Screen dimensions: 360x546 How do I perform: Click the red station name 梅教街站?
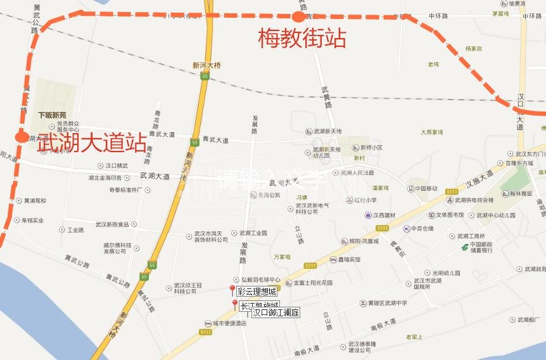click(302, 39)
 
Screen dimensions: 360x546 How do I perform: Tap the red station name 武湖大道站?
click(92, 143)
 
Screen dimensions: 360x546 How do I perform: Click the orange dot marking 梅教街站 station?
click(298, 17)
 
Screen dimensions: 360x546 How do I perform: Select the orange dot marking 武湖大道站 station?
click(22, 137)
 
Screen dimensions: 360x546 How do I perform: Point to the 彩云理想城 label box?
click(257, 292)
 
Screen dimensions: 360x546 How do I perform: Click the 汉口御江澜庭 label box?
click(276, 312)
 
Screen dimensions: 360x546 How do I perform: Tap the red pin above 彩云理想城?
click(232, 290)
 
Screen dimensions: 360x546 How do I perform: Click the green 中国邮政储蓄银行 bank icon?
click(465, 247)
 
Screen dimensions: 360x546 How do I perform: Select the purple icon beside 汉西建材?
click(367, 215)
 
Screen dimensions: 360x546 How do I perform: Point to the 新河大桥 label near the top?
click(207, 65)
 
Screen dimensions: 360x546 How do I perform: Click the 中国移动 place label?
click(426, 188)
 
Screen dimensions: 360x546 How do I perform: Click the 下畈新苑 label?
click(51, 115)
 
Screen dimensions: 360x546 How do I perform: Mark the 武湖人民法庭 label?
click(357, 172)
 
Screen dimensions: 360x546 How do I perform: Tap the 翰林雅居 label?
click(517, 193)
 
